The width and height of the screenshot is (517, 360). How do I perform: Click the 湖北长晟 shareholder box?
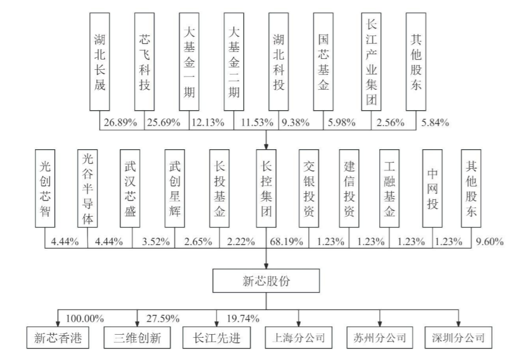tap(99, 61)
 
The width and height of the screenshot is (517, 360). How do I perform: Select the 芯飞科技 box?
tap(145, 61)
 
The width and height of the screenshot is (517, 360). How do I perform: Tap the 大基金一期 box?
tap(190, 61)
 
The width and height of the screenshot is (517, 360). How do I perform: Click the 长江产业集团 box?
tap(371, 61)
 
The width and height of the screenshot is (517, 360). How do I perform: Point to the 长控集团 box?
tap(267, 188)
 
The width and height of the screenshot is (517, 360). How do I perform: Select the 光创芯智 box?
tap(45, 188)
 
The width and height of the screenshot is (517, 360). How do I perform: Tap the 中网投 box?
tap(431, 188)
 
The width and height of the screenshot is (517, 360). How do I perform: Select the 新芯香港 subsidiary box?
tap(57, 338)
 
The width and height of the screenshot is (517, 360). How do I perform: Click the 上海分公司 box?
tap(299, 338)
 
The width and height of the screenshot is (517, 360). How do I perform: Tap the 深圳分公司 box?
tap(459, 338)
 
